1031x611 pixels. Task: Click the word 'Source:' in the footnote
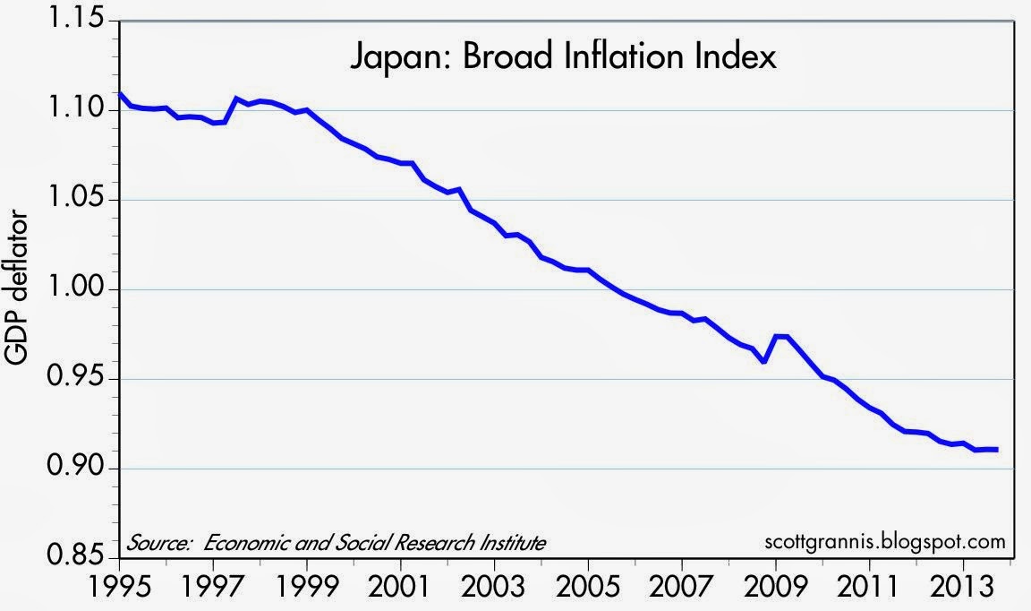click(x=158, y=543)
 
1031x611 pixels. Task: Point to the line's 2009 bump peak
click(x=778, y=336)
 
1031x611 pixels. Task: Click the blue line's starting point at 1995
click(x=120, y=94)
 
